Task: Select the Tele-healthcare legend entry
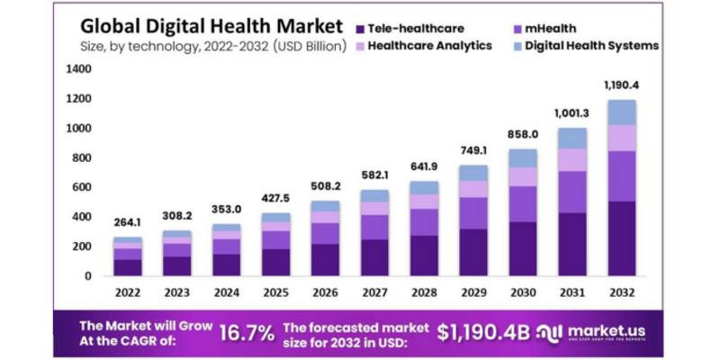[426, 27]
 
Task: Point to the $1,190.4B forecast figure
[483, 332]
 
